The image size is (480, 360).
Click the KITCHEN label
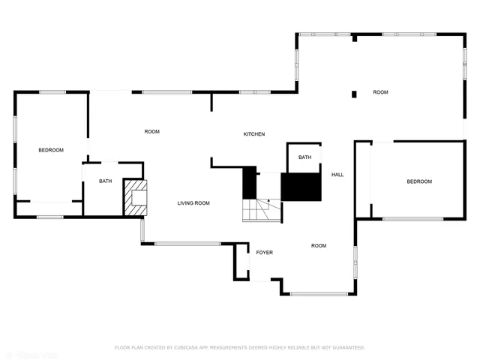point(253,134)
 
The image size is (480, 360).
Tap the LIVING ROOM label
point(193,203)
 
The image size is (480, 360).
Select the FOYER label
point(264,253)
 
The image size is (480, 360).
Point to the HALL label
point(337,175)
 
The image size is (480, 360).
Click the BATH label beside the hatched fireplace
point(106,181)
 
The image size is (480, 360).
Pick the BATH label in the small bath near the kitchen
point(304,157)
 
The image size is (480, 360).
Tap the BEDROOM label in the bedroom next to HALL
point(419,181)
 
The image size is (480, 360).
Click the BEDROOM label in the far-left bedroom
point(51,150)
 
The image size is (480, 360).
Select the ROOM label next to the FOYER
point(319,246)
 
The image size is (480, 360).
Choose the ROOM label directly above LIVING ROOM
point(152,132)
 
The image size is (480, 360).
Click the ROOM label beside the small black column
point(380,92)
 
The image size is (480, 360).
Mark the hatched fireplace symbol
point(136,197)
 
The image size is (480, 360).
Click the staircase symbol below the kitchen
point(261,209)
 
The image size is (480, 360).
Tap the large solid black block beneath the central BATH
point(301,187)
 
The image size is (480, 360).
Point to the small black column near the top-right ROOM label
point(354,94)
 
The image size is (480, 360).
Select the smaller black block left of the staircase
point(249,183)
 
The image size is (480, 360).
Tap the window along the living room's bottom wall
point(187,244)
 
